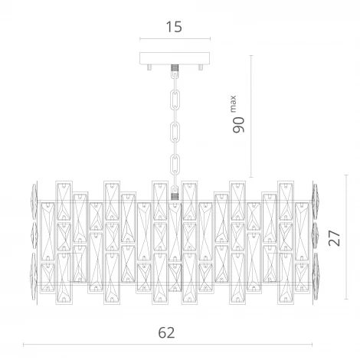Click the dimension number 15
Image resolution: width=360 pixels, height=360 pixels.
[174, 27]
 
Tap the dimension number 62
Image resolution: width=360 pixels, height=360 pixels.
[166, 332]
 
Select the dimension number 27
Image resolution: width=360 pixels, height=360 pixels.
[335, 238]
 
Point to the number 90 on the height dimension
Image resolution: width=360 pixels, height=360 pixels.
[238, 125]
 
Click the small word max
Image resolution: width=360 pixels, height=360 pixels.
[233, 104]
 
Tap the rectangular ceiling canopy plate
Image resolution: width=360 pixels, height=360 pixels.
[175, 58]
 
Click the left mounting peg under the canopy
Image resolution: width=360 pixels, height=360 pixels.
[149, 67]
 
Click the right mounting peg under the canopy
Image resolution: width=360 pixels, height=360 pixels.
[201, 67]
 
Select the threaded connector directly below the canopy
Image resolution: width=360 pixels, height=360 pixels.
[175, 68]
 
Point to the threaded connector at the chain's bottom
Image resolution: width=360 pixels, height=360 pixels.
[175, 196]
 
